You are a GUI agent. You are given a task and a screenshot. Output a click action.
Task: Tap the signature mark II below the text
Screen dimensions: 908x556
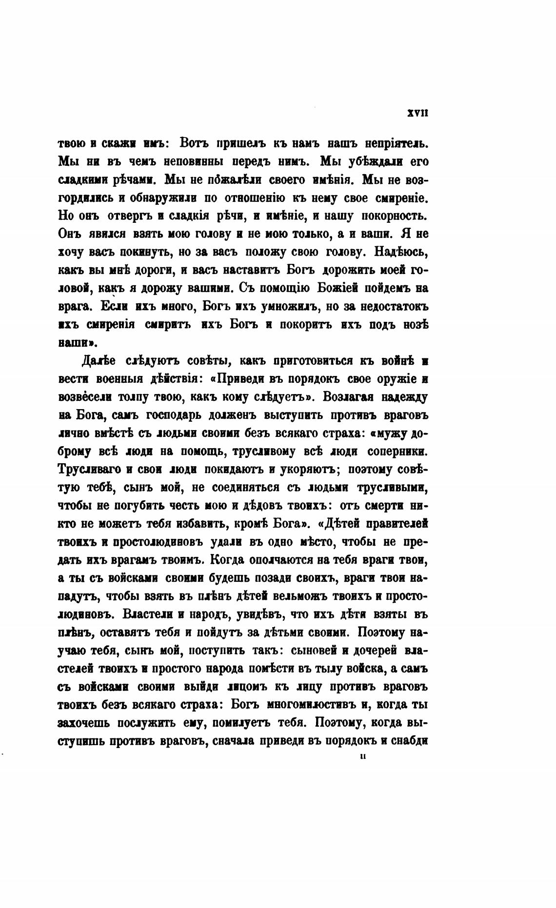(362, 757)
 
